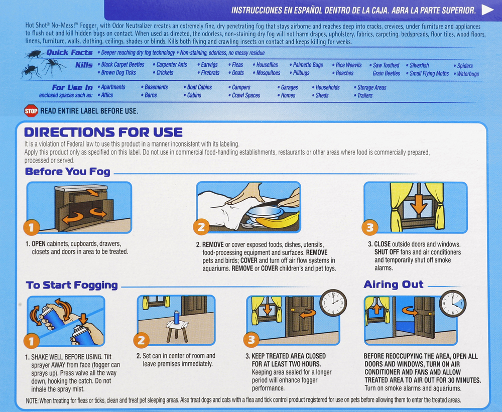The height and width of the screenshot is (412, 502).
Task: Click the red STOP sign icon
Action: click(31, 111)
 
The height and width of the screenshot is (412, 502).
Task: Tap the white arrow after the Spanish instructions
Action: click(487, 10)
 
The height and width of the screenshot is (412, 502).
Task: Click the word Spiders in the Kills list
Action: click(465, 66)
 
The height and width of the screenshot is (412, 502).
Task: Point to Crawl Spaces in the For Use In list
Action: click(246, 95)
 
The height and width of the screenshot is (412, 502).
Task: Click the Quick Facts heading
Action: click(69, 53)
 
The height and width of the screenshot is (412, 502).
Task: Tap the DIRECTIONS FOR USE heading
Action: click(103, 132)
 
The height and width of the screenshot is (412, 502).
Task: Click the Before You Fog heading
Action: click(68, 172)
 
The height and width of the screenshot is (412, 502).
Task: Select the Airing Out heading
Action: click(394, 284)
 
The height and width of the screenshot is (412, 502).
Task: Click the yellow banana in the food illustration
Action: click(277, 220)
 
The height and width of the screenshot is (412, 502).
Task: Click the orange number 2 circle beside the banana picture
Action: click(201, 227)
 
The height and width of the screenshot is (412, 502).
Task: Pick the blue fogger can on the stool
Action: click(176, 317)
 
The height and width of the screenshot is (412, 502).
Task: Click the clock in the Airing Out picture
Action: click(453, 304)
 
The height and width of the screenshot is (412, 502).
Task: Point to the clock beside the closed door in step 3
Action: click(333, 303)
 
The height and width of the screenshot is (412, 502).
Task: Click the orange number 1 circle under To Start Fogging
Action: click(31, 341)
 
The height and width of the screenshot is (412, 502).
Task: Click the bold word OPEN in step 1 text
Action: click(39, 244)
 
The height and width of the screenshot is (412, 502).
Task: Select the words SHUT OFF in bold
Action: click(387, 252)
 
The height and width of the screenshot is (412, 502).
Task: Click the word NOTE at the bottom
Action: click(32, 400)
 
